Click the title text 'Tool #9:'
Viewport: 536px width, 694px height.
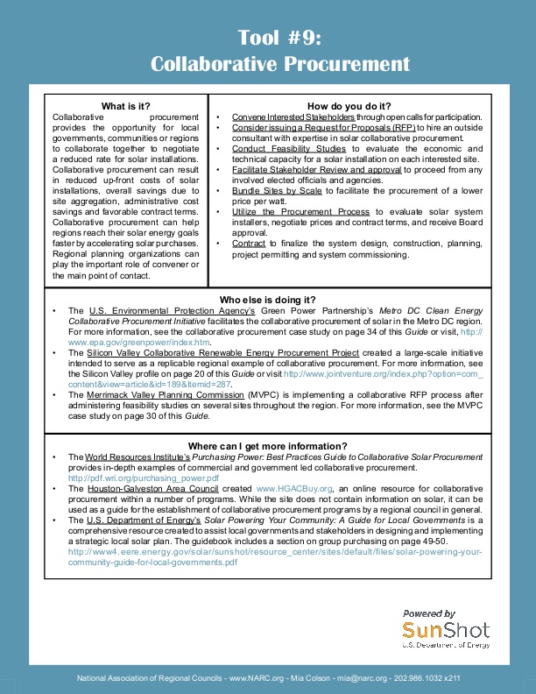[280, 38]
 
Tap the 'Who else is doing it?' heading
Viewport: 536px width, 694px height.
[267, 300]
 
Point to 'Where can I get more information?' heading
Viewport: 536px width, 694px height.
[268, 446]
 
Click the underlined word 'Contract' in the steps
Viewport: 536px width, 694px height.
[249, 243]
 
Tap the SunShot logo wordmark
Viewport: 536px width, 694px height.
[446, 631]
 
